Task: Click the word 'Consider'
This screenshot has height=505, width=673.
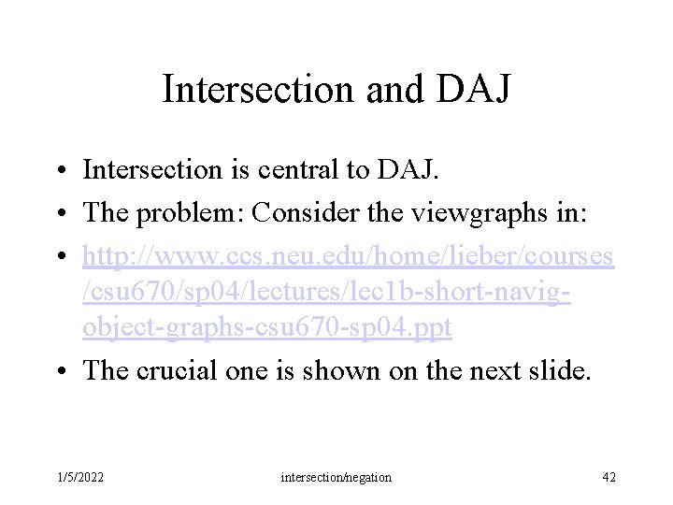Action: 294,211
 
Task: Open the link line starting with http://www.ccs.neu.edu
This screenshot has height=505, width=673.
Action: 348,253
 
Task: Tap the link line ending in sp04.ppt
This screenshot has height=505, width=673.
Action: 267,328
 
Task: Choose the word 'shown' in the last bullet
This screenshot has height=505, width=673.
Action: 321,370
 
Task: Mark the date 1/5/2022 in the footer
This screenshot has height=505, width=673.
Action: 79,478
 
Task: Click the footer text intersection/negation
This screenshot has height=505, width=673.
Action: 336,478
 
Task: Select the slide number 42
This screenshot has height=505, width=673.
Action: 609,478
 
